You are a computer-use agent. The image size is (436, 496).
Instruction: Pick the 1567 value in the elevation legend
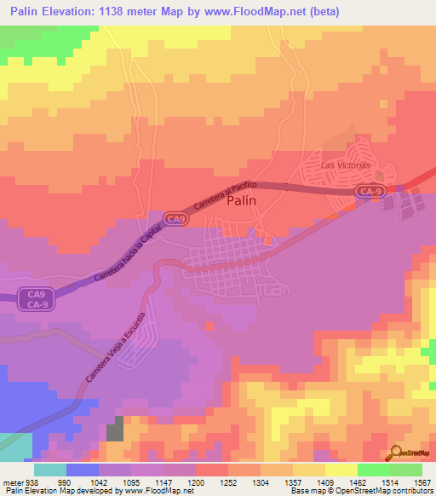click(x=422, y=482)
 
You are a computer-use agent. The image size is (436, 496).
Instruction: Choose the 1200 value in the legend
click(x=195, y=482)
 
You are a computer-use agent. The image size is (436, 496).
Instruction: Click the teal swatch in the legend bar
click(x=50, y=470)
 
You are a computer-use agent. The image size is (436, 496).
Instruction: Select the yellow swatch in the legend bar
click(x=341, y=470)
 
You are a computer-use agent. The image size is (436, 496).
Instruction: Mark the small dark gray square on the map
click(x=115, y=428)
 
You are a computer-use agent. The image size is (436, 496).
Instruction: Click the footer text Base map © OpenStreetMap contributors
click(x=360, y=491)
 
